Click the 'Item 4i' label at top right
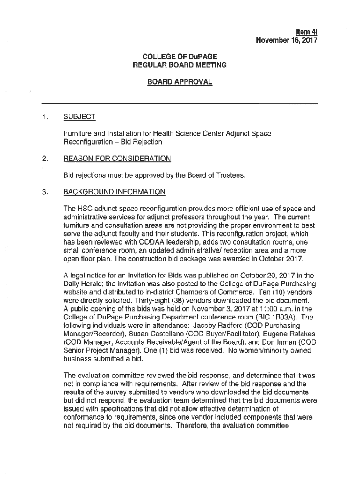[x=307, y=32]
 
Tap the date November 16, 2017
[x=286, y=40]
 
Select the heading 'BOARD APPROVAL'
[x=180, y=82]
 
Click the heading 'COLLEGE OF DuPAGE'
[x=180, y=57]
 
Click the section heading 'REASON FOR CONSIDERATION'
[x=117, y=159]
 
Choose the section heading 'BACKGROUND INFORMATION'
[x=114, y=192]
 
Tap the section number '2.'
[x=45, y=159]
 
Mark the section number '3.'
[x=45, y=192]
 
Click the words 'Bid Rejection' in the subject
[x=141, y=142]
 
